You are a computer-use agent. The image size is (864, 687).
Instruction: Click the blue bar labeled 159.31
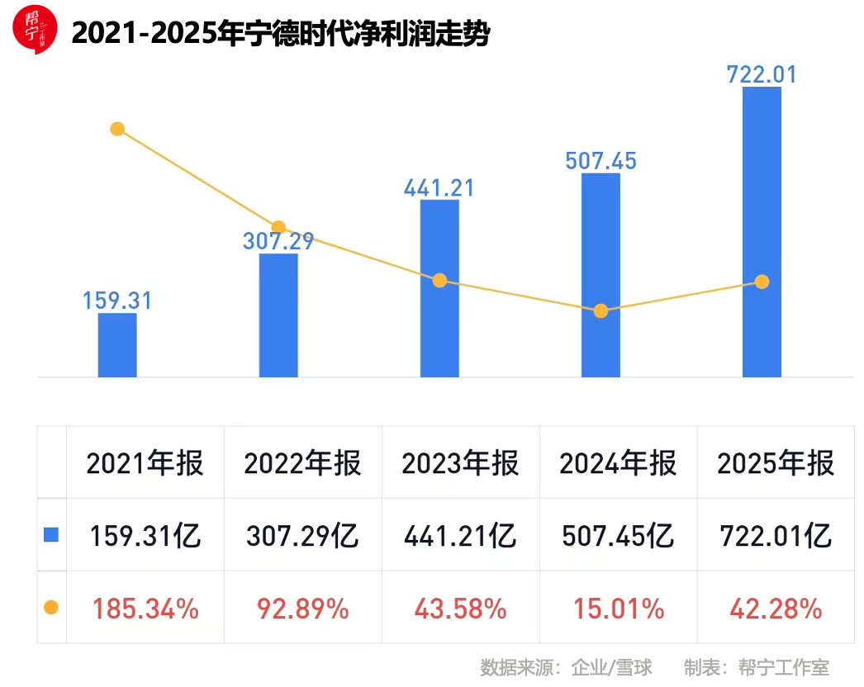(x=117, y=345)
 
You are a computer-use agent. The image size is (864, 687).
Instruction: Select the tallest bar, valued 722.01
(x=762, y=231)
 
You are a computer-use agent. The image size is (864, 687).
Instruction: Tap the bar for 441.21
(x=439, y=288)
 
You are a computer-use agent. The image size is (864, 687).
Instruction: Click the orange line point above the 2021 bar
(x=117, y=129)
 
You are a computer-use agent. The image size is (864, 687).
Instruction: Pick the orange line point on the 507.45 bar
(x=601, y=311)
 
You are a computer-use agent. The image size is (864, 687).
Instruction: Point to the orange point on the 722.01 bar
(x=762, y=282)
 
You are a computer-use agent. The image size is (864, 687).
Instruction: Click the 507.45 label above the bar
(x=601, y=160)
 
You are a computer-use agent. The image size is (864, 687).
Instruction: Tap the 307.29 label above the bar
(x=278, y=241)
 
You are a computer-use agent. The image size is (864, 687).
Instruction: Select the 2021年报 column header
(x=145, y=463)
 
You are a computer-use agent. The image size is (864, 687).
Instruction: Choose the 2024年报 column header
(x=618, y=463)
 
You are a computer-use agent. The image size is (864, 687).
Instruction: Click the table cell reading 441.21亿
(x=460, y=536)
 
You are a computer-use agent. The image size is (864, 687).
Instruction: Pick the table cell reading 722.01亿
(x=776, y=536)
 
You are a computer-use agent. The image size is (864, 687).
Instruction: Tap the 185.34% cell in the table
(x=145, y=609)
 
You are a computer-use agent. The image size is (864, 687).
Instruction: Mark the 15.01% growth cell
(x=618, y=609)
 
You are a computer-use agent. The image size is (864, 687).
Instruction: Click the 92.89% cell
(x=302, y=609)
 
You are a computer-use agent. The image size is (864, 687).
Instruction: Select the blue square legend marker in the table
(x=51, y=535)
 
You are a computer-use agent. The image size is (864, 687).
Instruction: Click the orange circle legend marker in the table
(x=51, y=608)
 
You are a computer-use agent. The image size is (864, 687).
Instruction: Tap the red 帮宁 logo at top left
(x=34, y=29)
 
